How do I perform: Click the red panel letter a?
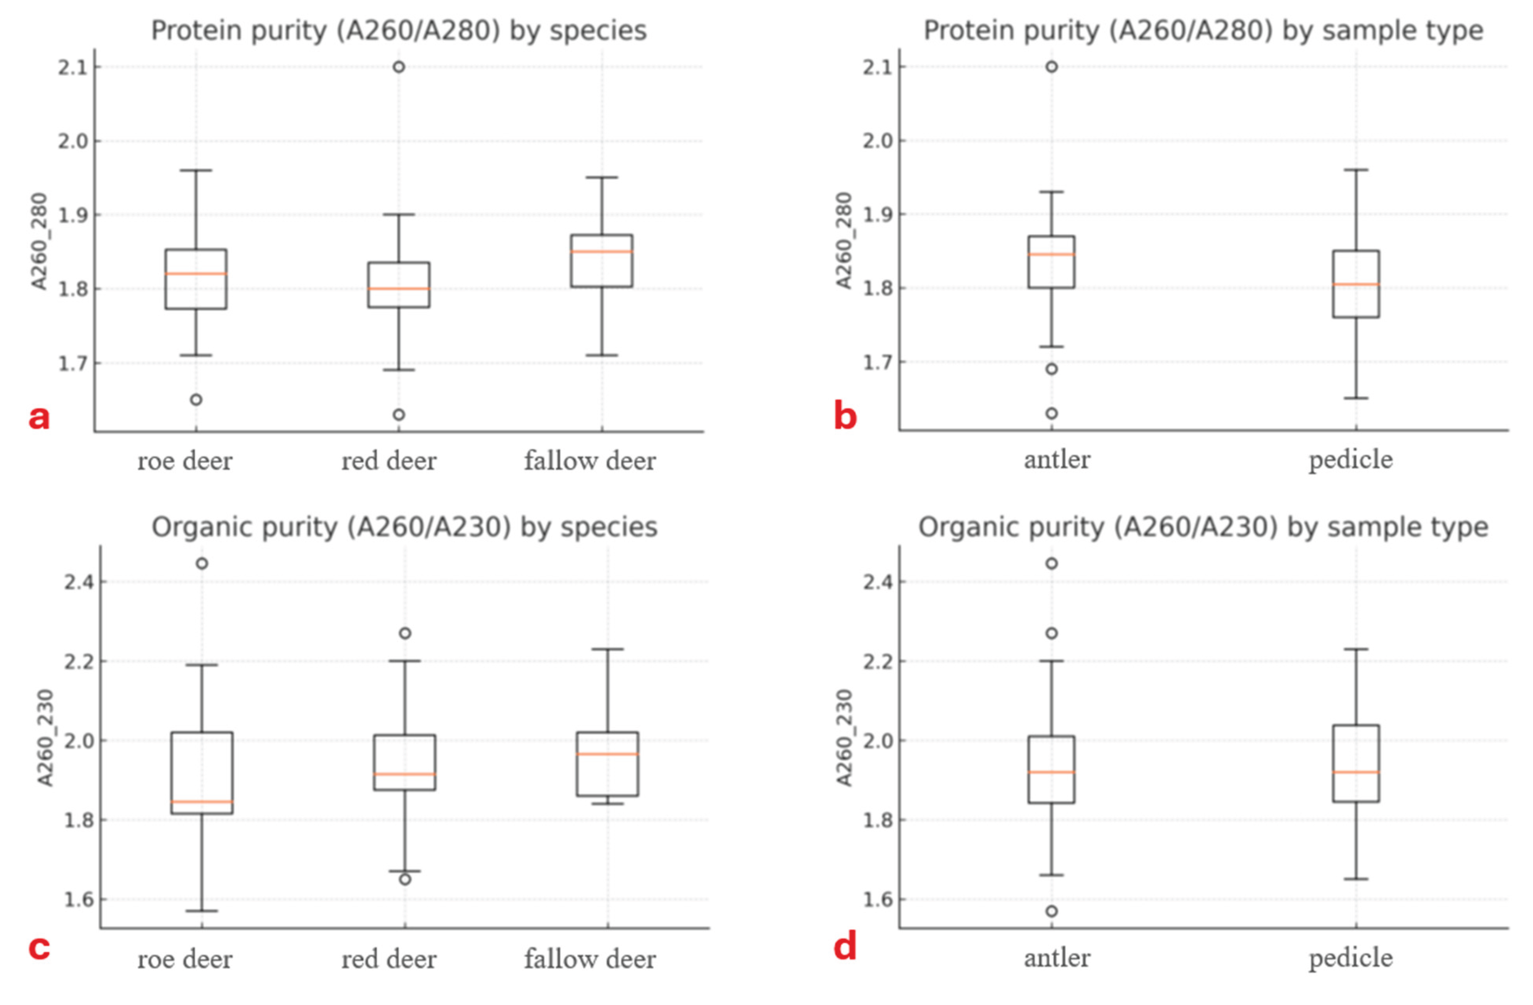(x=39, y=417)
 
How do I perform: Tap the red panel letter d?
(x=845, y=947)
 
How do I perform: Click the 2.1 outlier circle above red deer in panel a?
(x=399, y=67)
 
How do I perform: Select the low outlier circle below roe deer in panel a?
(x=196, y=399)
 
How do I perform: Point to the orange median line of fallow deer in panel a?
(x=602, y=251)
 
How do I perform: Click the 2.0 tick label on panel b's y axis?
(x=877, y=140)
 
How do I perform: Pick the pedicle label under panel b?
(x=1351, y=460)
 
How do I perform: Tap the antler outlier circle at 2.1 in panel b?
(x=1051, y=67)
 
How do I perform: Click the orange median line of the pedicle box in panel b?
(x=1356, y=284)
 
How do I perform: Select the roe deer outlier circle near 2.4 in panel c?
(x=202, y=564)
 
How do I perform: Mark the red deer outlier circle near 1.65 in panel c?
(x=405, y=879)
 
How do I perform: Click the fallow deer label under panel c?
(x=590, y=959)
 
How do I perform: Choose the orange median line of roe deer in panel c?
(x=202, y=802)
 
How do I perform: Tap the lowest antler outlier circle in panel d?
(x=1051, y=912)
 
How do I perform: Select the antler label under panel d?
(x=1057, y=958)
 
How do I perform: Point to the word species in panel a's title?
(x=598, y=31)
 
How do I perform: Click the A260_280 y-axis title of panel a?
(x=39, y=241)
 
